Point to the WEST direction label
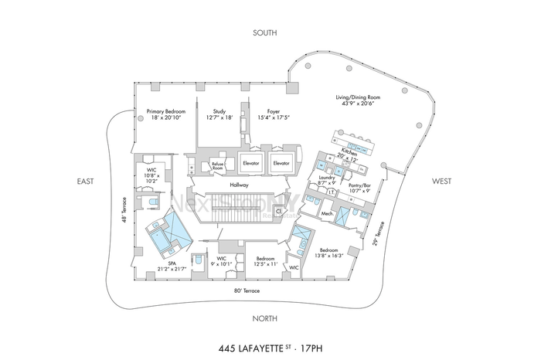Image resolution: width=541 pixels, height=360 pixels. point(442,182)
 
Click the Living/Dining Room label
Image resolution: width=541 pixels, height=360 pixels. point(355,97)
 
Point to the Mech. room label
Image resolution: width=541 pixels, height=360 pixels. point(327,213)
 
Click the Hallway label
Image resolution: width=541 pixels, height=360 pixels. point(238,185)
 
